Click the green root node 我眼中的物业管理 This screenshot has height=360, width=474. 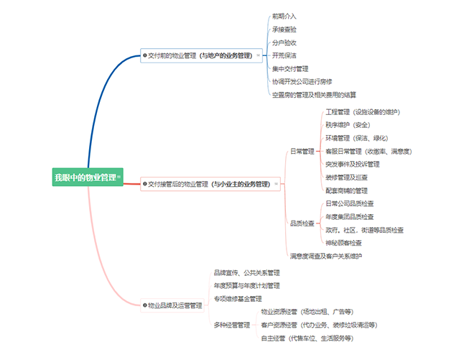85,176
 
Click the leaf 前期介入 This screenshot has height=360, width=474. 284,16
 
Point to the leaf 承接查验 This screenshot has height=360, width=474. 284,29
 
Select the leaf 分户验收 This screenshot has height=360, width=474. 284,42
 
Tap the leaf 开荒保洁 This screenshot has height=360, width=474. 284,55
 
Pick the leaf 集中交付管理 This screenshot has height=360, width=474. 290,69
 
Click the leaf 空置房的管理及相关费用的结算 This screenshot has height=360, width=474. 314,95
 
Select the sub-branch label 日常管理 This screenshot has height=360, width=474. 302,152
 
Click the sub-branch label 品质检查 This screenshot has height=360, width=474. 302,223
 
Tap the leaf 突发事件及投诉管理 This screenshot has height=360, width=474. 353,164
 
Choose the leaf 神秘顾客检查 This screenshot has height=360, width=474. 344,243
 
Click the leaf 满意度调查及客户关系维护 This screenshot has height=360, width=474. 326,256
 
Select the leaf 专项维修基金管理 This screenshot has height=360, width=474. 238,298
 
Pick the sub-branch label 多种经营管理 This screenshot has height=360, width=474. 232,325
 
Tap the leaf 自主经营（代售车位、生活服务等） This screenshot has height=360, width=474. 307,338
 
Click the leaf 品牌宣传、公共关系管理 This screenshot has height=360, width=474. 246,272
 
